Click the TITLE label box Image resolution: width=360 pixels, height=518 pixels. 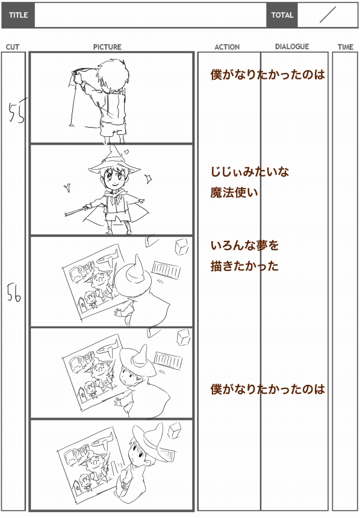pos(18,15)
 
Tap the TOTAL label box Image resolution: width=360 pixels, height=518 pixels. pos(282,15)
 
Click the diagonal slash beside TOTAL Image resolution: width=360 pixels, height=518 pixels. pos(327,15)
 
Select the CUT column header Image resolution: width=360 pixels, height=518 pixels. pos(13,47)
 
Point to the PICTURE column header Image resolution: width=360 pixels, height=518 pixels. pos(107,47)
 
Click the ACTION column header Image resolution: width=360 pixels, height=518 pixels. pos(227,47)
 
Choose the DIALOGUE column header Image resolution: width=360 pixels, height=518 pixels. pos(293,46)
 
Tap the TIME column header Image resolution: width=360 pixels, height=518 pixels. pos(346,47)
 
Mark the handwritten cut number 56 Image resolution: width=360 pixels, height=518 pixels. pos(14,293)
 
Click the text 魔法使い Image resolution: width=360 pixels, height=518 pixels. pos(234,192)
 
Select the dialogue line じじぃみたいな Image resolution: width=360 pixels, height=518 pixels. pos(250,172)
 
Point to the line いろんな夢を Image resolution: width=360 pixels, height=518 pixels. pos(245,246)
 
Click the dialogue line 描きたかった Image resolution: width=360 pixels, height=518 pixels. pos(245,266)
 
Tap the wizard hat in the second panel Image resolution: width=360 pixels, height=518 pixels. pos(114,161)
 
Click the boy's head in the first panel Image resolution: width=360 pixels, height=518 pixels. pos(113,74)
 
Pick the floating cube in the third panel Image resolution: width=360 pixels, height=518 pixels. pos(182,247)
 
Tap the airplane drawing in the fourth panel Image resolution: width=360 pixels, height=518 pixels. pos(108,346)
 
